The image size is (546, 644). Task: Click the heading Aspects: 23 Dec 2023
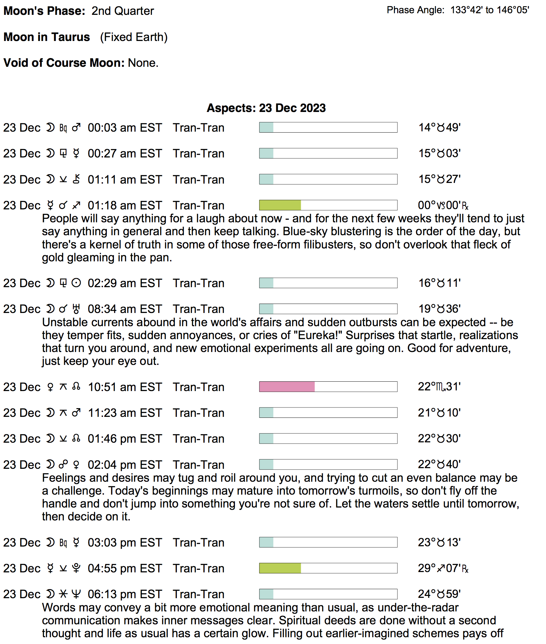[x=266, y=108]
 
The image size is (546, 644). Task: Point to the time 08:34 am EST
[x=125, y=309]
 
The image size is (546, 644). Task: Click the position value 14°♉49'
[x=439, y=128]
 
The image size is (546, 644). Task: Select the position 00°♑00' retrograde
[x=443, y=206]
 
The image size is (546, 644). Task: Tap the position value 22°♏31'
[x=439, y=387]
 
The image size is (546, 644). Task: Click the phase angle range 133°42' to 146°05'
[x=490, y=10]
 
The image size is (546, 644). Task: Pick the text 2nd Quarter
[x=123, y=11]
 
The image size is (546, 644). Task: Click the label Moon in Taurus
[x=47, y=37]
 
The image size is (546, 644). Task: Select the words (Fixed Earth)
[x=134, y=37]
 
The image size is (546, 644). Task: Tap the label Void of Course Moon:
[x=64, y=63]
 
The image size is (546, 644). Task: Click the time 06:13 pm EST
[x=125, y=594]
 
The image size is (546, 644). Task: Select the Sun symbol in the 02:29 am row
[x=76, y=283]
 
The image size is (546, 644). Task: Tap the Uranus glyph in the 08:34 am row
[x=76, y=309]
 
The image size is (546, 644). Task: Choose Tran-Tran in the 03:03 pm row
[x=198, y=543]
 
